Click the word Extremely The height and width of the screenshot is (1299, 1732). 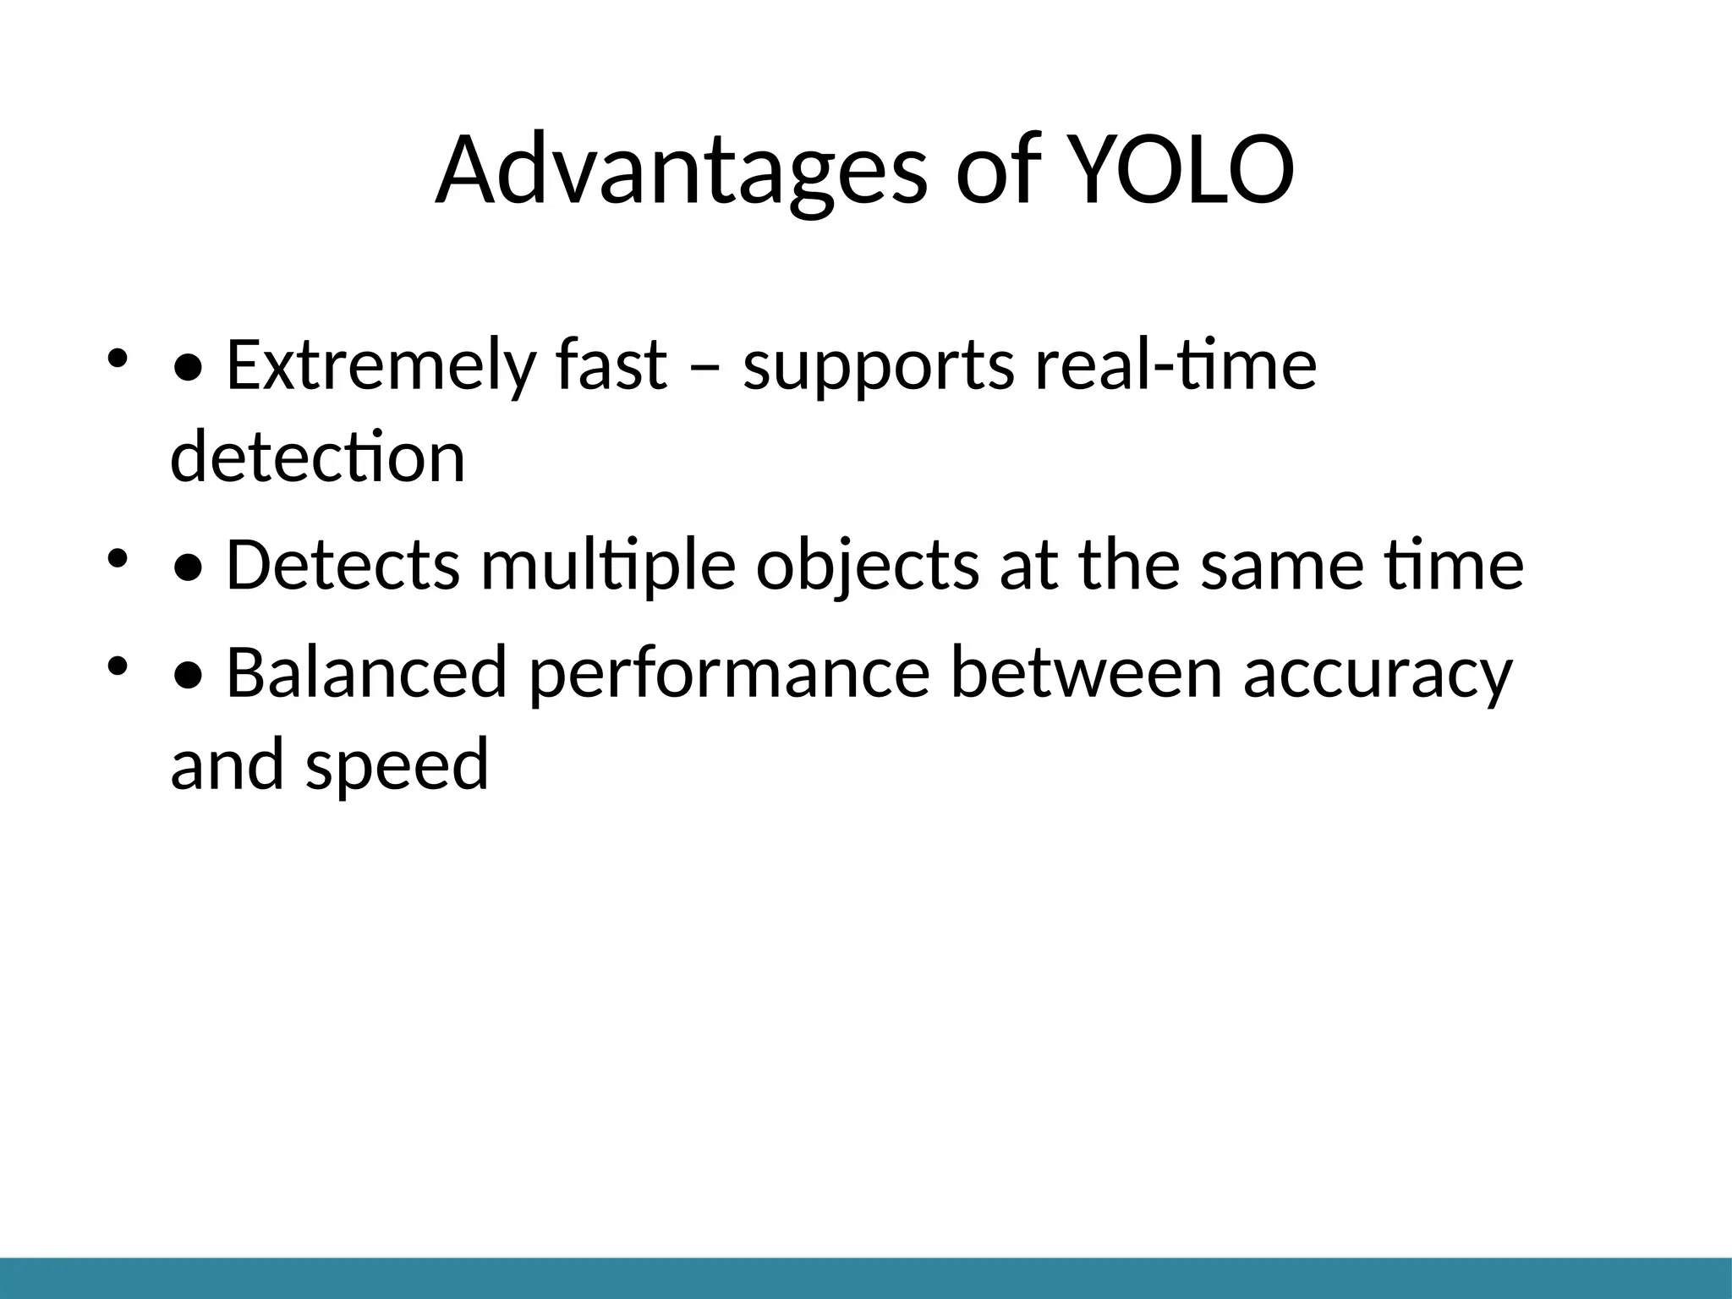381,365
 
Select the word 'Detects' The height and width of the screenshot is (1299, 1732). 343,565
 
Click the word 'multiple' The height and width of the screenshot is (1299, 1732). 608,565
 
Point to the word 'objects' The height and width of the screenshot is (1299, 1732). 868,565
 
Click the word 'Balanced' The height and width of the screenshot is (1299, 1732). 367,673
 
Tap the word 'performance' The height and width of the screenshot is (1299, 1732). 729,673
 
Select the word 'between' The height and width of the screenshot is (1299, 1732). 1086,673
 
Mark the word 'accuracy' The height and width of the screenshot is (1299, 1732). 1377,673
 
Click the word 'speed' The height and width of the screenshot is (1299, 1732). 397,765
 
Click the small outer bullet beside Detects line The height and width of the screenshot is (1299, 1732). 117,558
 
